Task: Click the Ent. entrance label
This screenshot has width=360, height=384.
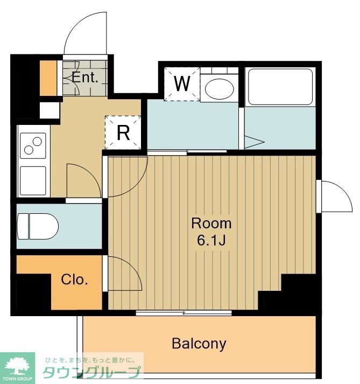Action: [85, 78]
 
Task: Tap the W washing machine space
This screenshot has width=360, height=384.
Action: [182, 84]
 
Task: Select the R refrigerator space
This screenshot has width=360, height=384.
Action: [123, 132]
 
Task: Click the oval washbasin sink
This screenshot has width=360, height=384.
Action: [219, 89]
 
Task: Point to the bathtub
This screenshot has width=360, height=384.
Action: [280, 87]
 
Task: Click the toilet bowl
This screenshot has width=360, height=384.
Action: [38, 226]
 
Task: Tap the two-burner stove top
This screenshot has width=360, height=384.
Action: [33, 145]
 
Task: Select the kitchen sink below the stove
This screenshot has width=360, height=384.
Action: [33, 181]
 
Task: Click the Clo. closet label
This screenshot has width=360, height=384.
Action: [74, 280]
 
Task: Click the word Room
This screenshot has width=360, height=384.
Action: [211, 223]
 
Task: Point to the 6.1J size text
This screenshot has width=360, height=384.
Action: [211, 241]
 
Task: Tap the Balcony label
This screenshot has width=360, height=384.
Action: [199, 344]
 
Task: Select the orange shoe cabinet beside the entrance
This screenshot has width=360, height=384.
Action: [48, 78]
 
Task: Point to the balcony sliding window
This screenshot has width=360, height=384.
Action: [183, 313]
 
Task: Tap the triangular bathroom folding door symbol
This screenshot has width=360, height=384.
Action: [255, 142]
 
